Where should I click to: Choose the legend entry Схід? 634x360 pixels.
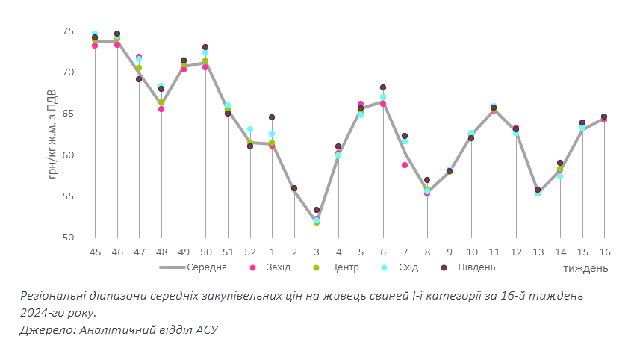(x=408, y=267)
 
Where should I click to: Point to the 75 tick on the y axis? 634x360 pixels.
(x=68, y=31)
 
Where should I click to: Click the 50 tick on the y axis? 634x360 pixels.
(x=68, y=238)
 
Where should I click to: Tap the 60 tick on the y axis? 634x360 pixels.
(x=68, y=155)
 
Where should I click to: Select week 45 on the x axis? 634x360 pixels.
(x=95, y=252)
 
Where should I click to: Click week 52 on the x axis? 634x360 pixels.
(x=250, y=252)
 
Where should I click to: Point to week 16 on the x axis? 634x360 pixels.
(x=604, y=252)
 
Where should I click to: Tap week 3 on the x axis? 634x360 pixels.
(x=317, y=252)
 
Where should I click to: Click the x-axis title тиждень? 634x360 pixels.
(x=586, y=268)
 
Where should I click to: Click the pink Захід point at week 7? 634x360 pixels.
(x=405, y=165)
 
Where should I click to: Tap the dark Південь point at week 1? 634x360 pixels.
(x=272, y=117)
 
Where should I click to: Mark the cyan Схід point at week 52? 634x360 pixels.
(x=250, y=129)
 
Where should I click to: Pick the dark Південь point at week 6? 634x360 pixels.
(x=383, y=87)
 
